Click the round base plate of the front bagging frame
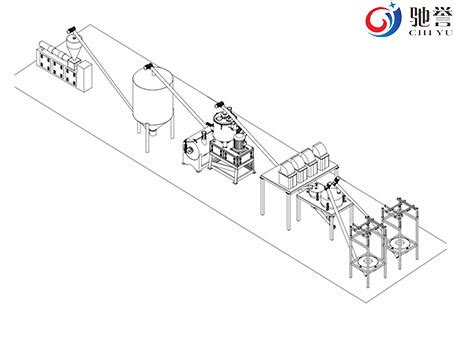coord(367,267)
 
